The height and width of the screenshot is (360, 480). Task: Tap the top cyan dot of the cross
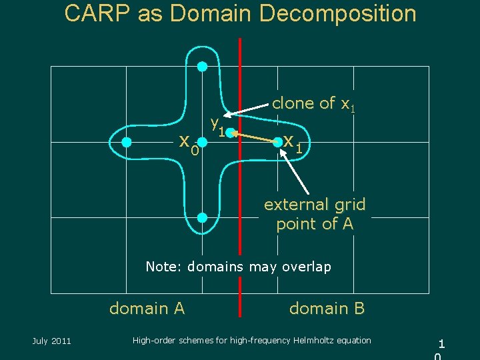pos(203,66)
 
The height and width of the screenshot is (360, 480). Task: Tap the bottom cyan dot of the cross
pos(203,217)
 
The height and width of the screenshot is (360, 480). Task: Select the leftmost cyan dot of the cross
pos(127,141)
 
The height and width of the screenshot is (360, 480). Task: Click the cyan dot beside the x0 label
pos(203,141)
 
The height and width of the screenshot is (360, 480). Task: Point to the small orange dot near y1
pos(234,132)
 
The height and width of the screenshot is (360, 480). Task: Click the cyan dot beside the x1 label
pos(278,141)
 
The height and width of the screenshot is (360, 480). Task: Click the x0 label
pos(189,143)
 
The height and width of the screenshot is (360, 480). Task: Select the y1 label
pos(216,125)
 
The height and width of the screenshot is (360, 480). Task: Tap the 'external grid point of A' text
pos(315,214)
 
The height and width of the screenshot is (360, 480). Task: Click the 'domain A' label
pos(147,308)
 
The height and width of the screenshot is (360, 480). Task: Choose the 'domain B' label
pos(327,308)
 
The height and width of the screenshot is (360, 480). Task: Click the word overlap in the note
pos(307,267)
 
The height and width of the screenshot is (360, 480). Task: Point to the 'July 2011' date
pos(51,341)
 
